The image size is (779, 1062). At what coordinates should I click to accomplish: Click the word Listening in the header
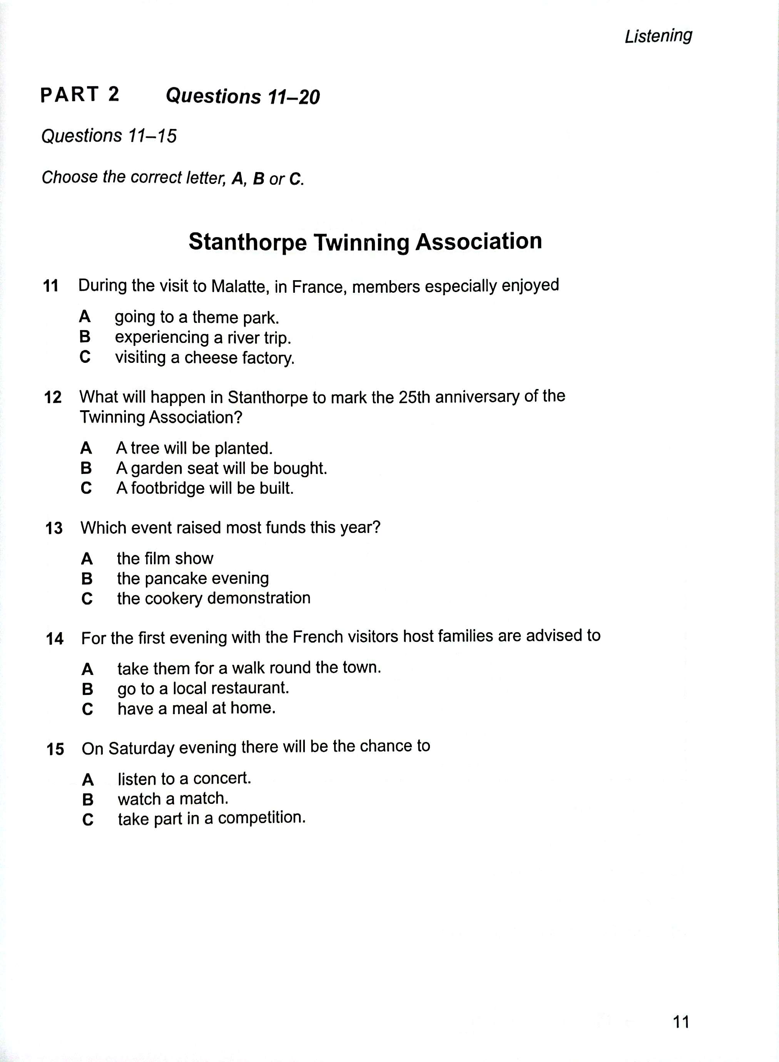click(x=658, y=36)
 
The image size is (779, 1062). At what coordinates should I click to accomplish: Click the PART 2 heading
click(x=80, y=95)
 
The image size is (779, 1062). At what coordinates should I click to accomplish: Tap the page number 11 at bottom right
click(x=681, y=1022)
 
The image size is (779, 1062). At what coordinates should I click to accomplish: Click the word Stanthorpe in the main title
click(x=247, y=242)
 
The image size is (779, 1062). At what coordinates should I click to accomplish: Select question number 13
click(x=54, y=528)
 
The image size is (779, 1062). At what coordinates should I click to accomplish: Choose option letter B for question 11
click(x=85, y=337)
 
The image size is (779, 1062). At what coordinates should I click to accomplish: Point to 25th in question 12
click(x=414, y=397)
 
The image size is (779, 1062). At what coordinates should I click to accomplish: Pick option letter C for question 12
click(x=86, y=488)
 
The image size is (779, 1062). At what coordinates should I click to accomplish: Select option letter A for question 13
click(x=87, y=559)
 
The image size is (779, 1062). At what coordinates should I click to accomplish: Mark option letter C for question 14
click(x=88, y=709)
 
